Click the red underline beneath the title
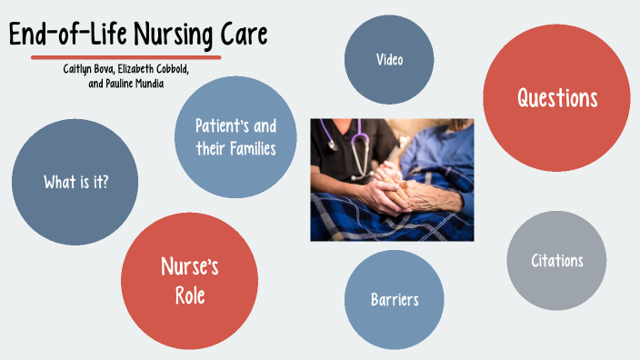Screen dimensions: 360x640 [125, 57]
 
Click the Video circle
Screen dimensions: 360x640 [390, 59]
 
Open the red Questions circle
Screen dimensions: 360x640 [556, 98]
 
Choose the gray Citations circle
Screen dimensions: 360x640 [556, 261]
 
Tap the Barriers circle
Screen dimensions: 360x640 [395, 299]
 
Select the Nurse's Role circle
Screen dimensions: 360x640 [189, 281]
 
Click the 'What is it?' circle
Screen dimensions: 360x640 [75, 182]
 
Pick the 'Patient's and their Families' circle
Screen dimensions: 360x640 [235, 135]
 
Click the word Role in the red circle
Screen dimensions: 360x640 [189, 295]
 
